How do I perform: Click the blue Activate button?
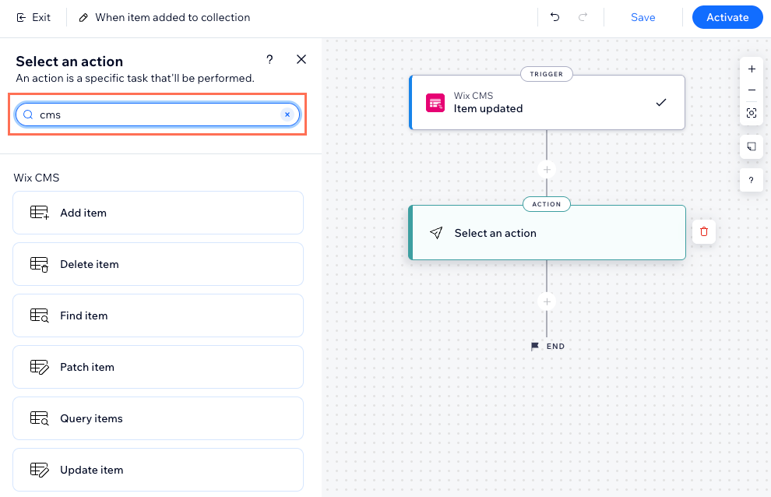(x=727, y=17)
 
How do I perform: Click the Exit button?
(x=33, y=18)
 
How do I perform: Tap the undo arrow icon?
(x=555, y=17)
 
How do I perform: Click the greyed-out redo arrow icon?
(x=583, y=17)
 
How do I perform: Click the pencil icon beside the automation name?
(x=83, y=18)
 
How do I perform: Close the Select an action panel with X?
(x=301, y=59)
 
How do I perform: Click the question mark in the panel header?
(x=269, y=59)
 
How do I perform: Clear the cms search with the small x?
(x=287, y=115)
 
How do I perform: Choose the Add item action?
(x=158, y=213)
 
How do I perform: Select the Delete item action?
(x=158, y=264)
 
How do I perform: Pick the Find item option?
(x=158, y=315)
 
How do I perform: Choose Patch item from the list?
(x=158, y=367)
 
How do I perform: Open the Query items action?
(x=158, y=418)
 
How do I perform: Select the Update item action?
(x=158, y=470)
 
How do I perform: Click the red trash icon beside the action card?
(x=704, y=231)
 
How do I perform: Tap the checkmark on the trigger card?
(x=661, y=102)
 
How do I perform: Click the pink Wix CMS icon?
(x=435, y=103)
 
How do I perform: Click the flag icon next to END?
(x=534, y=347)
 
